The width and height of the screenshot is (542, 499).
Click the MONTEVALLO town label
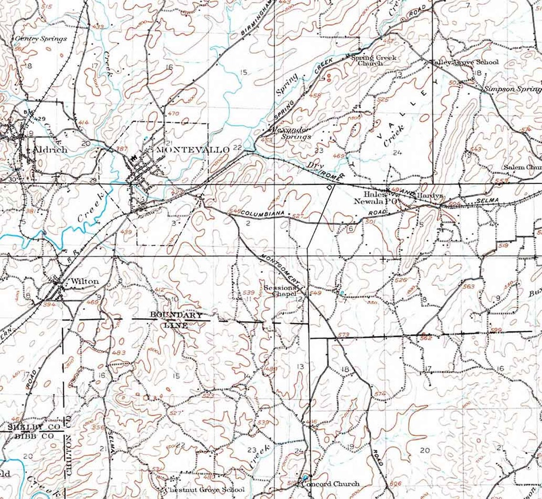(x=193, y=150)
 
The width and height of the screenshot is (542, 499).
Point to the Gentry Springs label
(x=41, y=39)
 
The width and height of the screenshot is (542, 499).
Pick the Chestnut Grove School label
(x=204, y=490)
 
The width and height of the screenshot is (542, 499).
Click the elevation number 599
(x=496, y=330)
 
